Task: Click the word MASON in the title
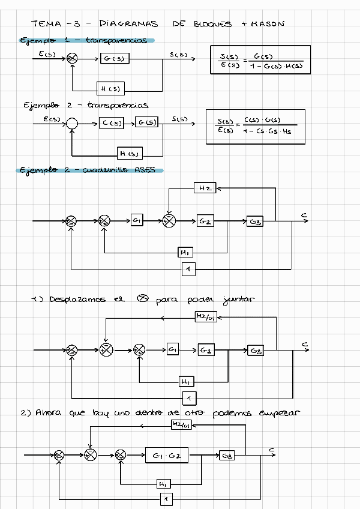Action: tap(268, 24)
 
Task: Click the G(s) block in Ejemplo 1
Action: tap(115, 58)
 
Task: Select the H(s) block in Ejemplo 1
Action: tap(110, 89)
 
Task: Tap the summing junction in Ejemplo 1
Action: tap(72, 58)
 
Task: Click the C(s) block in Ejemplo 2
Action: tap(112, 123)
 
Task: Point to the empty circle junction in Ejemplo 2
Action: tap(72, 123)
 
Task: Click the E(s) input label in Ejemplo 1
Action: tap(48, 54)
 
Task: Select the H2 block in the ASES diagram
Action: tap(205, 188)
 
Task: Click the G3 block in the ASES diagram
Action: tap(255, 221)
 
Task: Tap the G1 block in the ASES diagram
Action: tap(137, 221)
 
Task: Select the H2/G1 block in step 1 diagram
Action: tap(205, 317)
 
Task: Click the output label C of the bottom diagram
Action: tap(272, 449)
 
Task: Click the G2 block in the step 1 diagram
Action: tap(205, 349)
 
